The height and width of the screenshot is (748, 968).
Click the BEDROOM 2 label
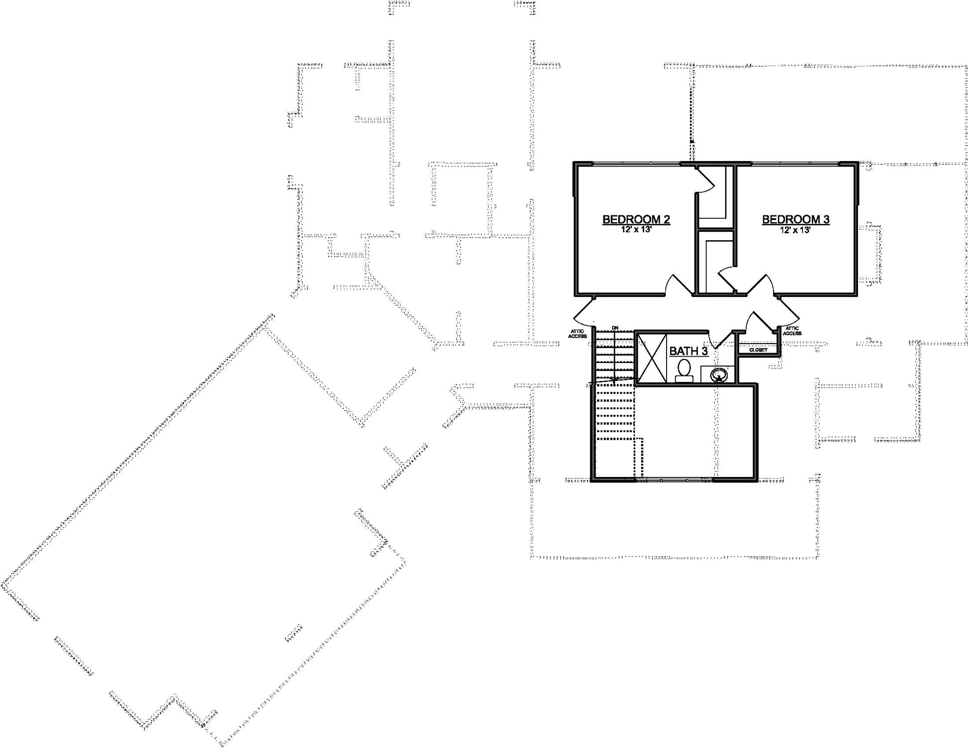[636, 219]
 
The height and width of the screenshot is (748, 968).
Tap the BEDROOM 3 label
[796, 219]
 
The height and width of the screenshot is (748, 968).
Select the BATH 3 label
[688, 351]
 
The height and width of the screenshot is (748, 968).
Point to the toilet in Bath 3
[684, 371]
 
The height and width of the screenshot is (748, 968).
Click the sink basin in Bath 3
[718, 374]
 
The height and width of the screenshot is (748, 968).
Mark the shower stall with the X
[652, 358]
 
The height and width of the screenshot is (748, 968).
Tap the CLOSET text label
[758, 350]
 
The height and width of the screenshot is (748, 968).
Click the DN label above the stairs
[615, 328]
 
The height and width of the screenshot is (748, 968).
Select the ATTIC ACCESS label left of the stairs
[578, 334]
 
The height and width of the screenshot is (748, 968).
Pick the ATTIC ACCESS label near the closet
[792, 331]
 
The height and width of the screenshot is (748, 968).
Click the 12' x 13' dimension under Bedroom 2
[636, 230]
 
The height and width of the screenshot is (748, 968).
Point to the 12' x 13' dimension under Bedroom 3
[795, 230]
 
